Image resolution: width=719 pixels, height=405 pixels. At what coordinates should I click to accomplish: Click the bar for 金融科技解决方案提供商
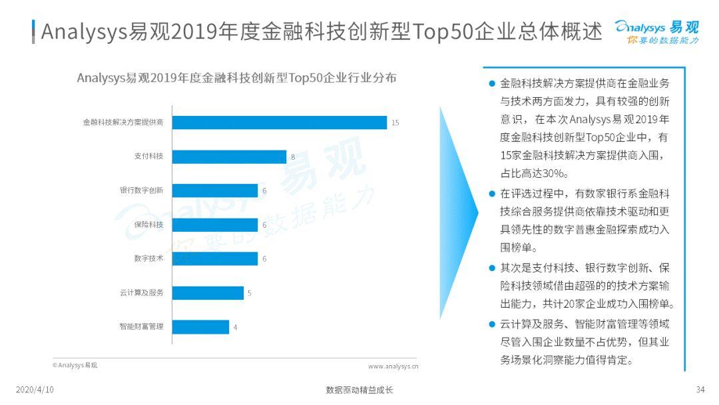[x=280, y=123]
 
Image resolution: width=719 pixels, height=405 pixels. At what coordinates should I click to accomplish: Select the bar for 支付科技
[x=229, y=157]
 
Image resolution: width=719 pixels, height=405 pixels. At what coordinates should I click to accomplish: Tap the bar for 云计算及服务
[x=208, y=292]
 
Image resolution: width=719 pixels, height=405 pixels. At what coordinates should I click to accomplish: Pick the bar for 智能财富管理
[x=200, y=326]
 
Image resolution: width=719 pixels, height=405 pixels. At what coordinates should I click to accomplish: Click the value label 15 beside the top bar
[x=395, y=123]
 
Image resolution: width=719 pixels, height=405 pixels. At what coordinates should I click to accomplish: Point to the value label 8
[x=293, y=157]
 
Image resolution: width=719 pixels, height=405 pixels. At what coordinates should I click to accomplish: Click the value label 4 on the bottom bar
[x=235, y=327]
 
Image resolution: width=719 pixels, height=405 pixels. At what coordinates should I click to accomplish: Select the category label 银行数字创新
[x=141, y=191]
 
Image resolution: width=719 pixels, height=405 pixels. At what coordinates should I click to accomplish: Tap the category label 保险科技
[x=148, y=224]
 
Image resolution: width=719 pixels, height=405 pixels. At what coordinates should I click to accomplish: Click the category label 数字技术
[x=148, y=258]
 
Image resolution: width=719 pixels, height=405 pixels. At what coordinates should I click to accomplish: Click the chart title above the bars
[x=236, y=78]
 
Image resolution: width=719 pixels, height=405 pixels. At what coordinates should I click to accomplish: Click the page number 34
[x=700, y=390]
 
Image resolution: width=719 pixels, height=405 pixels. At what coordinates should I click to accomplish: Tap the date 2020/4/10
[x=35, y=390]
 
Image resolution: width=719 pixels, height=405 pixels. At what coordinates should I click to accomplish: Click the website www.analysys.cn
[x=393, y=366]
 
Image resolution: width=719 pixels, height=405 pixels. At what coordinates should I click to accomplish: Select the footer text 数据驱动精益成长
[x=359, y=390]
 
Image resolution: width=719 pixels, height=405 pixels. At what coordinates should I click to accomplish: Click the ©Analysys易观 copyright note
[x=75, y=365]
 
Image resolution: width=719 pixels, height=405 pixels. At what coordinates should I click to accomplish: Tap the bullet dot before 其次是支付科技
[x=491, y=268]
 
